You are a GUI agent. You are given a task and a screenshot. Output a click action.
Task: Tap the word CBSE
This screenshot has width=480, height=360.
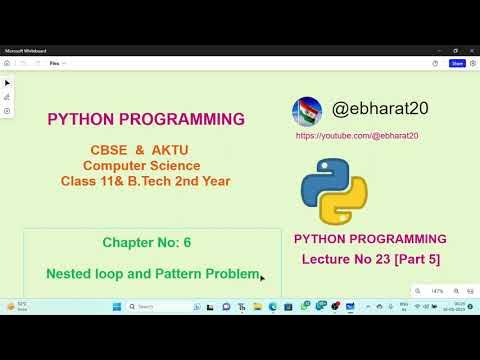(x=108, y=149)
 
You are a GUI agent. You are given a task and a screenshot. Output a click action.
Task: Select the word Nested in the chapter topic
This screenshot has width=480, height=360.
(x=71, y=273)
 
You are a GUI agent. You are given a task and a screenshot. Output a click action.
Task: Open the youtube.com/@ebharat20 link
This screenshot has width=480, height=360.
(x=357, y=135)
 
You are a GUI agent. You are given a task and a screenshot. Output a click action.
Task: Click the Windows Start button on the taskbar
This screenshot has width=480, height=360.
(x=116, y=306)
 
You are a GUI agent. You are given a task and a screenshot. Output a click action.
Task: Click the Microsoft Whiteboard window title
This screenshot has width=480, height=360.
(x=26, y=50)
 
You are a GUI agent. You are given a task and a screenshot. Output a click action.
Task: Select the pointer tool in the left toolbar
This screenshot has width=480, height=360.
(x=7, y=83)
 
